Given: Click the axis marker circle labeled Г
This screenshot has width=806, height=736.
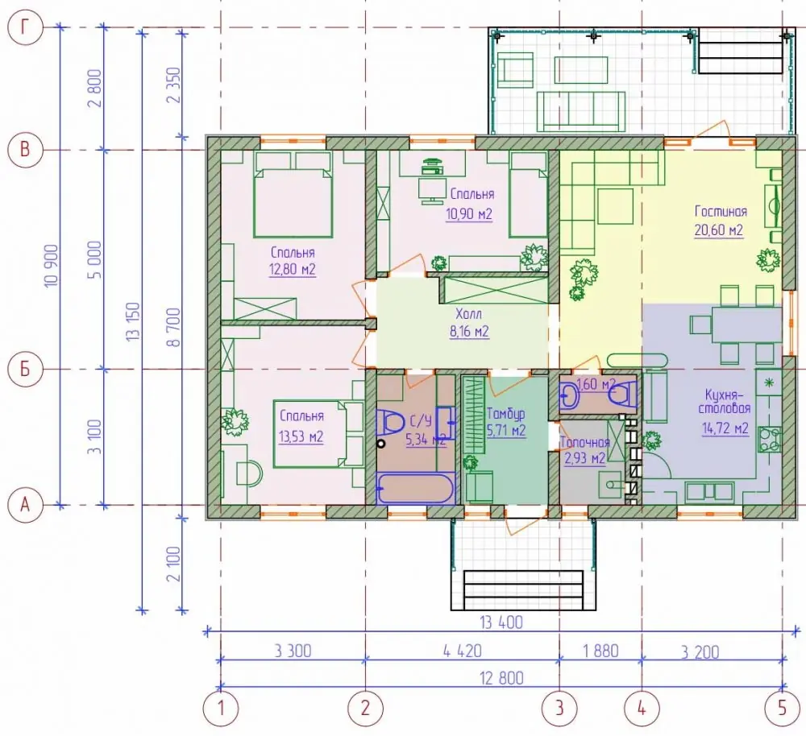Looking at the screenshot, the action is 25,27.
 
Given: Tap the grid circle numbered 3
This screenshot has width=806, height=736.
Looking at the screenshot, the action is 559,709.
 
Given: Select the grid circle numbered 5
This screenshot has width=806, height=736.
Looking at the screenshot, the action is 783,709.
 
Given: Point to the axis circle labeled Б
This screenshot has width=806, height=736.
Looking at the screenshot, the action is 25,369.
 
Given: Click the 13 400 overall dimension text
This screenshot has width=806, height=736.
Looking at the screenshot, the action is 501,622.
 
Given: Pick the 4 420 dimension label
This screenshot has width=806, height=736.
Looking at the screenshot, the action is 462,651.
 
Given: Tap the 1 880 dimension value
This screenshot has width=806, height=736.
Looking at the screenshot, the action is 600,651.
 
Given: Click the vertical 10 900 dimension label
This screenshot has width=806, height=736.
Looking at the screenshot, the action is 52,266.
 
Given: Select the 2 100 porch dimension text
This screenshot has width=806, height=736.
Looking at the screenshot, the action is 174,564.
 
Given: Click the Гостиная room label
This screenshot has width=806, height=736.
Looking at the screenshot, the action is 720,212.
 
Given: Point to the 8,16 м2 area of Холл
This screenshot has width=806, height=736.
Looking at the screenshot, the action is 469,332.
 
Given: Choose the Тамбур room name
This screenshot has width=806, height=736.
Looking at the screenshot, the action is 505,414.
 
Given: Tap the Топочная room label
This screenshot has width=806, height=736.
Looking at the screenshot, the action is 585,442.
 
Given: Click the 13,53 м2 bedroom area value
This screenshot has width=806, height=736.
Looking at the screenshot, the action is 301,436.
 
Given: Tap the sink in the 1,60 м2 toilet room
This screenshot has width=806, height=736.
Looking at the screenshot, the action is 570,396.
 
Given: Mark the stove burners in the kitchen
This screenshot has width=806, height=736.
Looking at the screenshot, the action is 770,440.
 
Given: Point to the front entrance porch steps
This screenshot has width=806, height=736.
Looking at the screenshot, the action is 524,589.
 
